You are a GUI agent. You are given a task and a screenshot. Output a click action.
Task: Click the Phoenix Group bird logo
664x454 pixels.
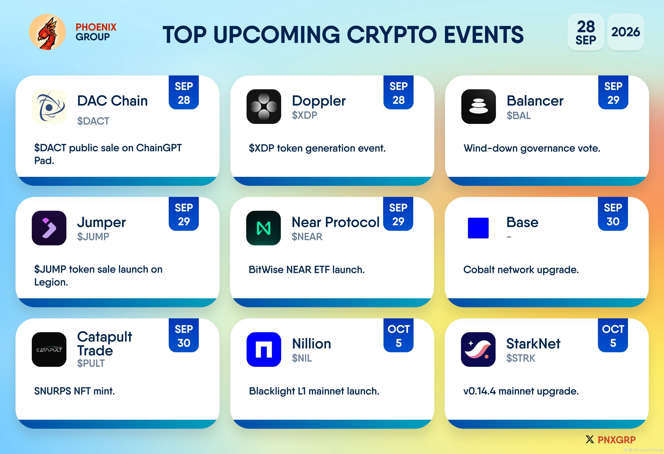click(x=47, y=32)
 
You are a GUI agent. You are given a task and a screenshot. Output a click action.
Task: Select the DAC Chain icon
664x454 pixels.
click(x=49, y=107)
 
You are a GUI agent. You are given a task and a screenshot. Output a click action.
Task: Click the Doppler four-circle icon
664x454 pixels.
click(x=264, y=107)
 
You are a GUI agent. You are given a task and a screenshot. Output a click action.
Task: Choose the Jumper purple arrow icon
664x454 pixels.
click(x=49, y=228)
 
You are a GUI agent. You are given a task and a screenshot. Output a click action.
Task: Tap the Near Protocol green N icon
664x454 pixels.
click(x=263, y=228)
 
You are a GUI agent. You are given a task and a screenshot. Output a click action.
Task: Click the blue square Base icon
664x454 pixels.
click(x=478, y=228)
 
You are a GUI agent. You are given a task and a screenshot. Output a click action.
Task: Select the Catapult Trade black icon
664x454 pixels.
click(x=49, y=349)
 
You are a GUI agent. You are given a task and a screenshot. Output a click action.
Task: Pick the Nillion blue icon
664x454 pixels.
click(x=264, y=349)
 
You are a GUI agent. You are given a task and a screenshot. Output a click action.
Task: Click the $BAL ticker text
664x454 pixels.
click(x=519, y=116)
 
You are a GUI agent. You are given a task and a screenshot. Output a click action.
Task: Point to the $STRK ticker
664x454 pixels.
click(x=521, y=358)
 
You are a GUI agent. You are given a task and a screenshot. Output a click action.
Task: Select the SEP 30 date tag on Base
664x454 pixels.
click(x=613, y=214)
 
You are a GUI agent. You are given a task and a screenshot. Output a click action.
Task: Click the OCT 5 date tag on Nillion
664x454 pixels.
click(x=399, y=335)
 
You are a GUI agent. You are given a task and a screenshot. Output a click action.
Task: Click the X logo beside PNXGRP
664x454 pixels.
click(x=590, y=439)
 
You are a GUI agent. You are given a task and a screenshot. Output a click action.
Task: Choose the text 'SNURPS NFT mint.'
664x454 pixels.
click(x=75, y=391)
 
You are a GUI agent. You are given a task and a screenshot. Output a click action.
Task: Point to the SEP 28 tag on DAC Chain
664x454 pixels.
click(x=184, y=92)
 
